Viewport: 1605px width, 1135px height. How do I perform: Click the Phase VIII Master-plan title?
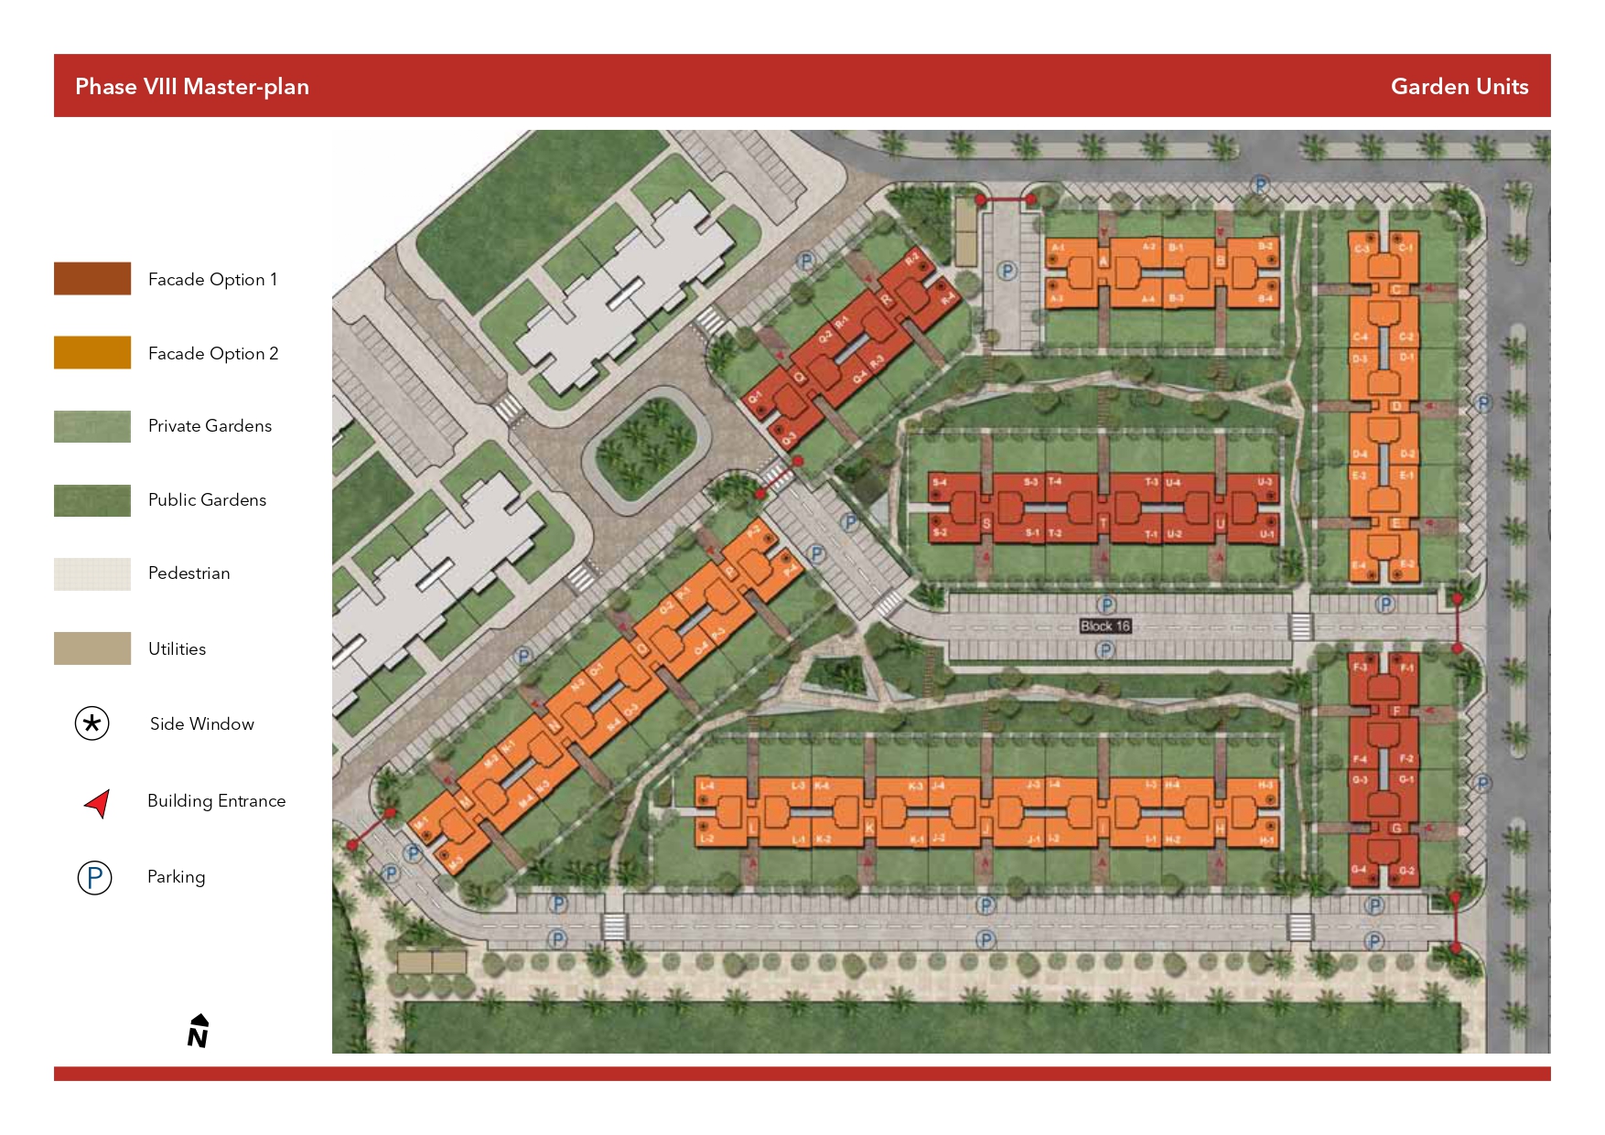tap(192, 87)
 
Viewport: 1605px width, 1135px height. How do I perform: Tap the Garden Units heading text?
tap(1459, 87)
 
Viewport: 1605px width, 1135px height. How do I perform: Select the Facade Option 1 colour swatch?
tap(92, 279)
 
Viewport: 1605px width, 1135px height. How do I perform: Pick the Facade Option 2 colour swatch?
tap(92, 353)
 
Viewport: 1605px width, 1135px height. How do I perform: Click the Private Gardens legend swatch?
tap(92, 426)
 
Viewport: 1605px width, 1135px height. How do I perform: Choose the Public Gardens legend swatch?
tap(92, 500)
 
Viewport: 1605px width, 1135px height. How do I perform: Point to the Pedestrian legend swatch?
tap(92, 573)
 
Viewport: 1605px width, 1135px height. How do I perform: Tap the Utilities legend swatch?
tap(92, 648)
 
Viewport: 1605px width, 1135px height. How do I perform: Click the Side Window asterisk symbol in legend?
tap(92, 723)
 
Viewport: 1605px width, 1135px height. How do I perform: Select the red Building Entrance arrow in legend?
tap(98, 802)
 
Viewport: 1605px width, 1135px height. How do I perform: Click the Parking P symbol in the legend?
tap(94, 877)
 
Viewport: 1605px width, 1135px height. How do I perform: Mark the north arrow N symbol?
tap(198, 1031)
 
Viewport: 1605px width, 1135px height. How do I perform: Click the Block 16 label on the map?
tap(1104, 626)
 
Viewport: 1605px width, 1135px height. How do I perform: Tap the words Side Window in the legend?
tap(201, 724)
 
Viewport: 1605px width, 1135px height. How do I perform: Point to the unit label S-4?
tap(939, 482)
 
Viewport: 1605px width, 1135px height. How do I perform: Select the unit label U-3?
tap(1264, 482)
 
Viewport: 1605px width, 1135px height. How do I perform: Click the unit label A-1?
tap(1057, 248)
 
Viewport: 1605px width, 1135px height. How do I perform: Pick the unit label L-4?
tap(706, 786)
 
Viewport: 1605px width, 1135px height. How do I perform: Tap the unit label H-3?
tap(1266, 786)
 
